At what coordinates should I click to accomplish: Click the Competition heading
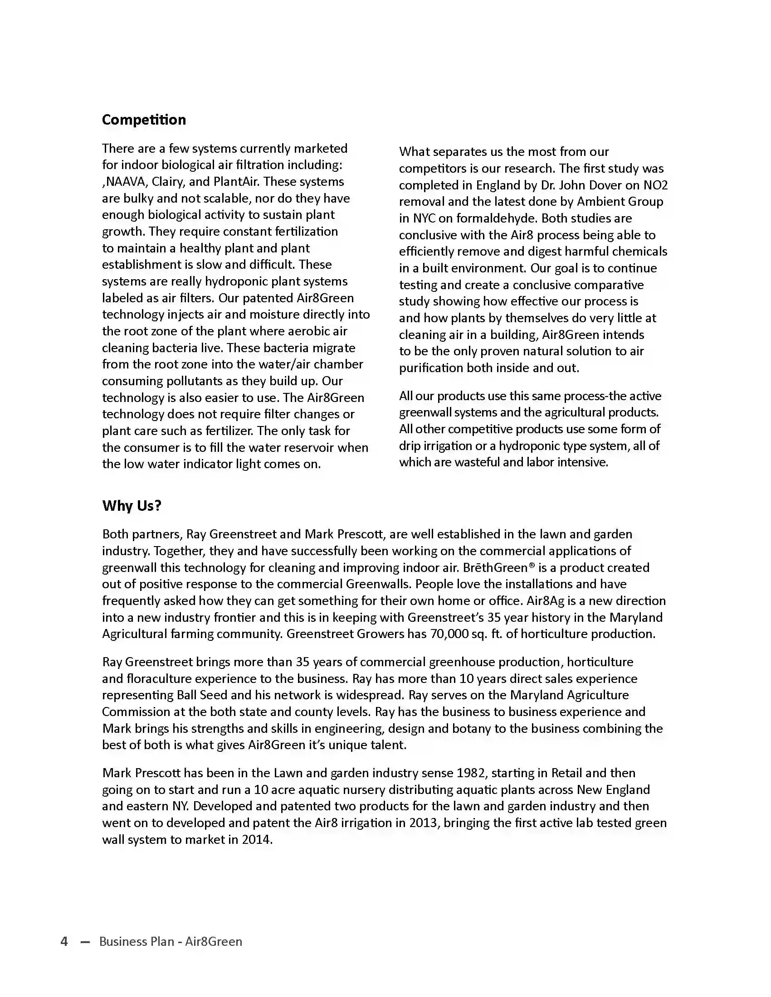[144, 120]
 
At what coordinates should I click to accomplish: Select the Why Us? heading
[132, 505]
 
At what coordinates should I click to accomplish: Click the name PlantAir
[236, 182]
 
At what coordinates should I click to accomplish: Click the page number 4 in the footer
[64, 941]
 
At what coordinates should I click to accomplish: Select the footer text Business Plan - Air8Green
[171, 941]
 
